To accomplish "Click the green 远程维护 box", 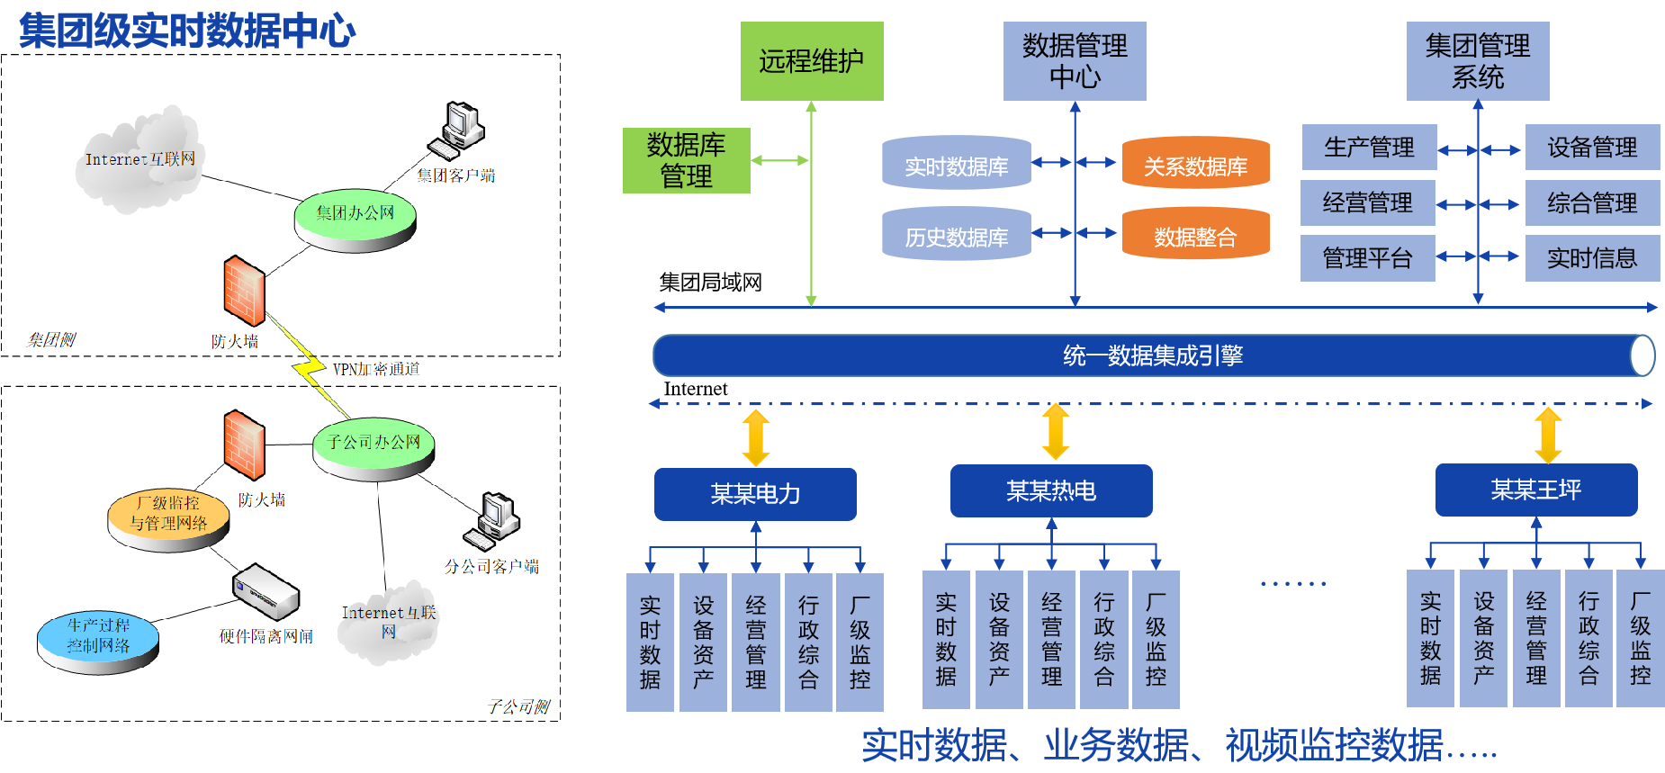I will coord(812,61).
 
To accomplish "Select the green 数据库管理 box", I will coord(686,160).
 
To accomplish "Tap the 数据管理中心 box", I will coord(1075,61).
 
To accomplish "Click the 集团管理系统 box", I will coord(1478,61).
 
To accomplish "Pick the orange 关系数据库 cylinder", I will coord(1195,165).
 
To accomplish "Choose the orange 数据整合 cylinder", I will coord(1195,236).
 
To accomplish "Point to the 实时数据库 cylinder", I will coord(956,165).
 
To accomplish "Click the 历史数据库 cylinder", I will coord(956,236).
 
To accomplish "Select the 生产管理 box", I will coord(1369,148).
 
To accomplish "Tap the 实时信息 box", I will coord(1592,258).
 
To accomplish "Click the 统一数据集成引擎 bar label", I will coord(1153,355).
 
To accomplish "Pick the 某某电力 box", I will coord(755,493).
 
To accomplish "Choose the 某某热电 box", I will coord(1051,490).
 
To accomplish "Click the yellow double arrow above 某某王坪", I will coord(1548,435).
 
